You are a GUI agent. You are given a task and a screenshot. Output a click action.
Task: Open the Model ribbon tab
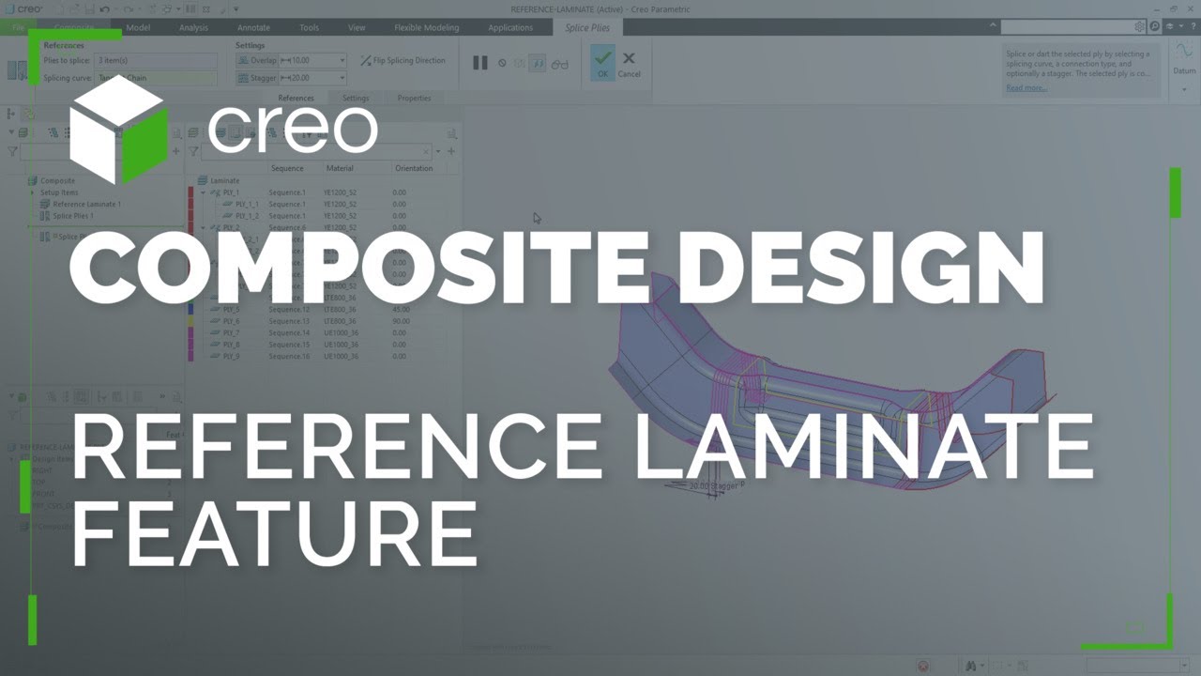click(138, 27)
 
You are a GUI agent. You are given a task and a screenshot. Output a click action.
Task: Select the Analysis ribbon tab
click(193, 27)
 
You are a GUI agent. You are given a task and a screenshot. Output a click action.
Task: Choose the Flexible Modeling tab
click(426, 27)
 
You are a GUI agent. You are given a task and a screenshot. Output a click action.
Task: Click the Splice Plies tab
click(587, 27)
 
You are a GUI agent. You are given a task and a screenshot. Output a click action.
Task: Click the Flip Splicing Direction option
click(403, 60)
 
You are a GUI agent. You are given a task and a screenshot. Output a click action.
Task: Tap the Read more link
click(1026, 87)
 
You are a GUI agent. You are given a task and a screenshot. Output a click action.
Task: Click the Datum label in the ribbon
click(1183, 70)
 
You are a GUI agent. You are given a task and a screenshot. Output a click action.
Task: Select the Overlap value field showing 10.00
click(313, 60)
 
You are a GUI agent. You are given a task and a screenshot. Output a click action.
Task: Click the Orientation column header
click(414, 168)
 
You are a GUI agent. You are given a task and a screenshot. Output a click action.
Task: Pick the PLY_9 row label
click(231, 357)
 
